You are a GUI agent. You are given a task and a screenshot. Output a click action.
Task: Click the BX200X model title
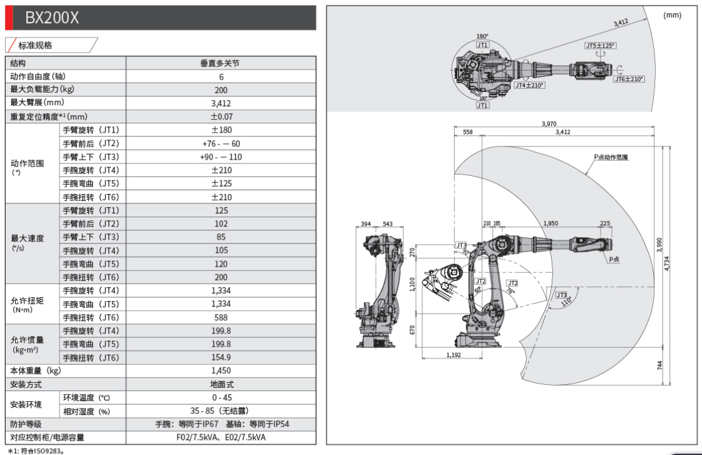tap(52, 18)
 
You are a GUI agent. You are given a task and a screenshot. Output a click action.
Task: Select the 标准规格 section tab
tap(36, 46)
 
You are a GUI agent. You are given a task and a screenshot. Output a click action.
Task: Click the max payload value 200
tap(220, 89)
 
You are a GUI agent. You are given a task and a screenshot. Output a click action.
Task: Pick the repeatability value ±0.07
tap(220, 116)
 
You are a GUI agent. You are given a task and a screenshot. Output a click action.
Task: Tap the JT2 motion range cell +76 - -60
tap(220, 143)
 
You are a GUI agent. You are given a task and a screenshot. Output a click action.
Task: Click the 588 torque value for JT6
tap(220, 317)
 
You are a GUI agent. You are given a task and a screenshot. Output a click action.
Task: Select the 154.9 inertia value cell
tap(220, 357)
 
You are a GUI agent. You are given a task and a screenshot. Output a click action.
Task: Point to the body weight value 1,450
tap(220, 371)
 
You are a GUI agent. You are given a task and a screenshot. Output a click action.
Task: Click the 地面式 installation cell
tap(220, 384)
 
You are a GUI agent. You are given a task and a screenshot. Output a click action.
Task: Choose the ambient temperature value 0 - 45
tap(220, 397)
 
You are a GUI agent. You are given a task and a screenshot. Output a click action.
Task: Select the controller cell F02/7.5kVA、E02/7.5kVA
tap(220, 437)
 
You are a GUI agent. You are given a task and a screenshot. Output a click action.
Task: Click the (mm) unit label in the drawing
tap(671, 15)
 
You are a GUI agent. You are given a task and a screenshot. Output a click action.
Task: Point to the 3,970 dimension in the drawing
tap(549, 124)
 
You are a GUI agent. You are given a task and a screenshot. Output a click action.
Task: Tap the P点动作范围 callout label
tap(611, 157)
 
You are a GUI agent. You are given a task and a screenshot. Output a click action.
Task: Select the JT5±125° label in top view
tap(600, 46)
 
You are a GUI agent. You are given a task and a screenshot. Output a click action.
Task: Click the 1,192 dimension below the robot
tap(454, 355)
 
